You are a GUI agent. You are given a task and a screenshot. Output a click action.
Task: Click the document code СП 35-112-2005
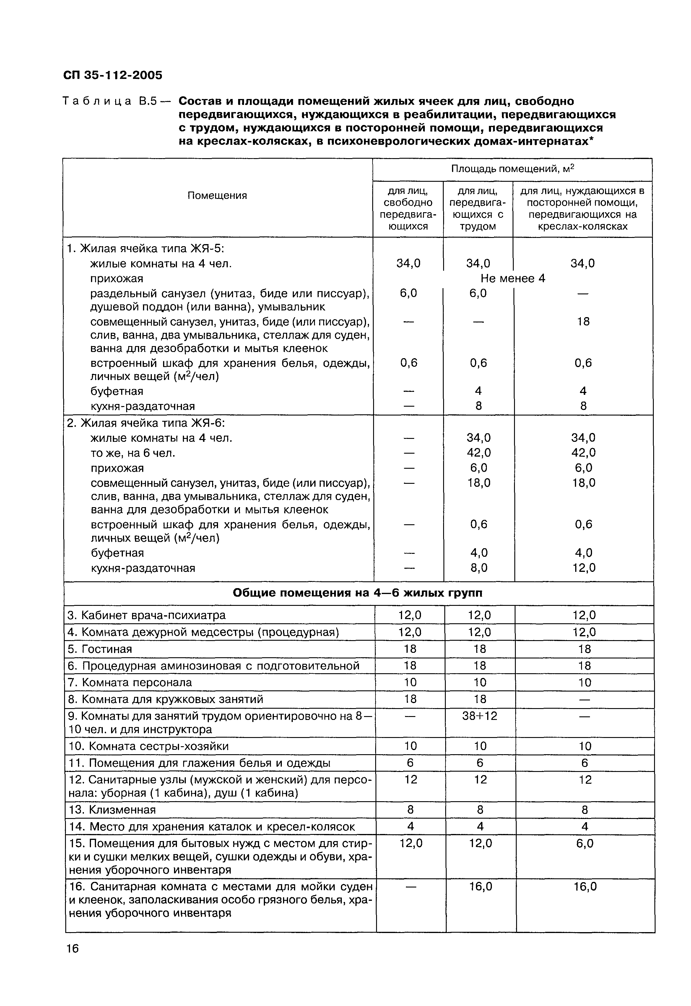(113, 75)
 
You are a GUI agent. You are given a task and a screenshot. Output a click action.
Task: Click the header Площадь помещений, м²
(512, 169)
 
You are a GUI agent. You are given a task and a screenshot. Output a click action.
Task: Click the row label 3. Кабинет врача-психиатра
(147, 615)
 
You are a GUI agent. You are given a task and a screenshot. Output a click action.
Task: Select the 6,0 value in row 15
(584, 843)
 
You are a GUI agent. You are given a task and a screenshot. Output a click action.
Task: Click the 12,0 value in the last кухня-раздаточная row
(584, 567)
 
